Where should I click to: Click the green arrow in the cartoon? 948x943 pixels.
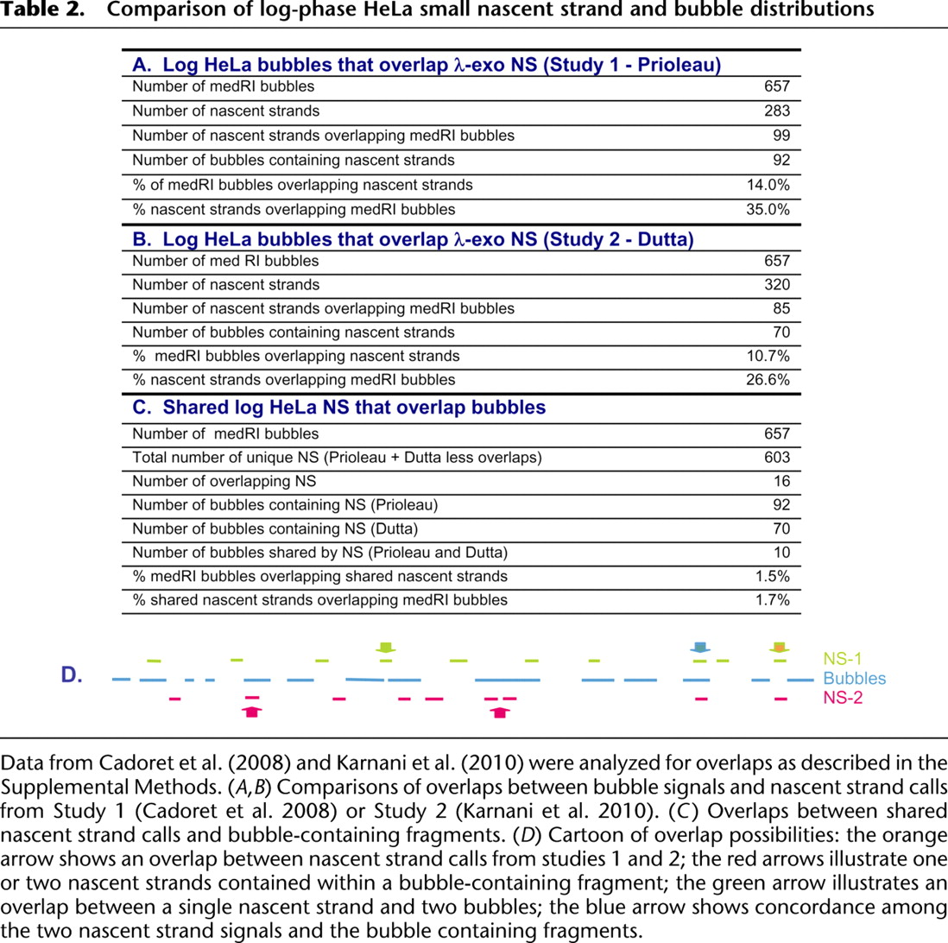[386, 646]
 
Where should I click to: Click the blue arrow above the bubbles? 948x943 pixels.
[700, 647]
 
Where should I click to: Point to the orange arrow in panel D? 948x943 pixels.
[780, 647]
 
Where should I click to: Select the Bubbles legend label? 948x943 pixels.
[854, 679]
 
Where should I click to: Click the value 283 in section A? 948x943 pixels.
[776, 110]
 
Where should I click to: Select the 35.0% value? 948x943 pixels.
[768, 208]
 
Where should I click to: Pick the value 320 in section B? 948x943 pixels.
[776, 284]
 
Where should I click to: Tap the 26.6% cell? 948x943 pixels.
[768, 380]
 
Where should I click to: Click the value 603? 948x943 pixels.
[776, 457]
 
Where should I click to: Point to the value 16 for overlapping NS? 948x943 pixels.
[781, 481]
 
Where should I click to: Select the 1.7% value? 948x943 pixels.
[771, 600]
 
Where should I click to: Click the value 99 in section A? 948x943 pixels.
[781, 135]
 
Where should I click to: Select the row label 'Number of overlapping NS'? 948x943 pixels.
[208, 481]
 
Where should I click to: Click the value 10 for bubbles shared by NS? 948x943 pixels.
[781, 553]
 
